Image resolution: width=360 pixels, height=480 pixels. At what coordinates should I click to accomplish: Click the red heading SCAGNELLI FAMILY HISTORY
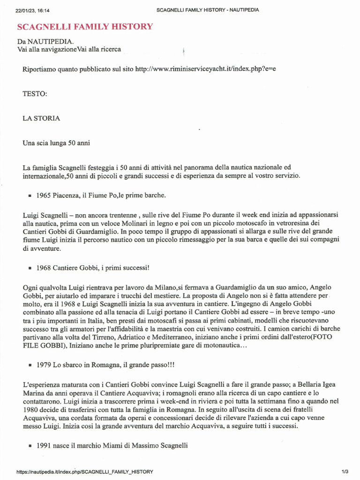[x=85, y=27]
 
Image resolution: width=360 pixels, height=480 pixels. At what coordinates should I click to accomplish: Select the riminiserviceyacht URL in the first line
[x=205, y=69]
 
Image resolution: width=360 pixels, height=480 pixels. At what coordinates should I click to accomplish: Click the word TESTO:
[x=35, y=94]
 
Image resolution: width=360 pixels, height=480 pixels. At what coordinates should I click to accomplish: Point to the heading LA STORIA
[x=41, y=118]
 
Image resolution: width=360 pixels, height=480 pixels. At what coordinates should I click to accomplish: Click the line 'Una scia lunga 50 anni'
[x=56, y=143]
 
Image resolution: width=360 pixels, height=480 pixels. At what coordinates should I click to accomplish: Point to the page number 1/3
[x=345, y=472]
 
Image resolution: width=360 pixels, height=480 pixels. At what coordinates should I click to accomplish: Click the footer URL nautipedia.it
[x=84, y=472]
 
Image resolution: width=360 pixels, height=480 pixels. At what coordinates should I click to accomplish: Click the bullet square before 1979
[x=30, y=365]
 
